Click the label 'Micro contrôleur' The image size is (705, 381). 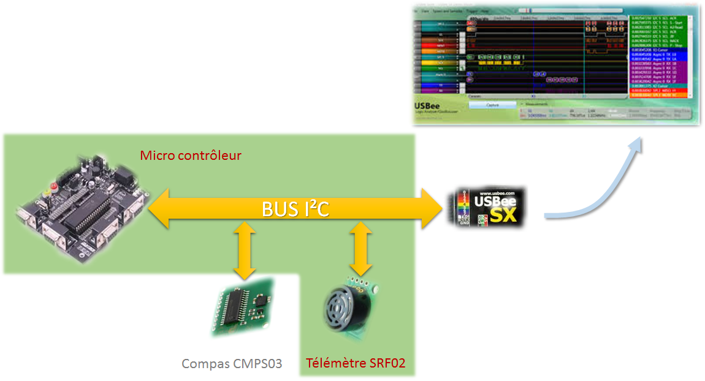tap(191, 156)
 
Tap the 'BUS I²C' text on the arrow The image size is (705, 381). tap(295, 209)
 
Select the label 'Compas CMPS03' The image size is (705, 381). tap(232, 364)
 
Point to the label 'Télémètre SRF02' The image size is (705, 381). tap(356, 364)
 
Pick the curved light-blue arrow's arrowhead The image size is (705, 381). tap(635, 145)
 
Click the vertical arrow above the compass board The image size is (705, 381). tap(245, 250)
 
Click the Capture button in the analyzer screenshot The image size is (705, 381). tap(492, 105)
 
